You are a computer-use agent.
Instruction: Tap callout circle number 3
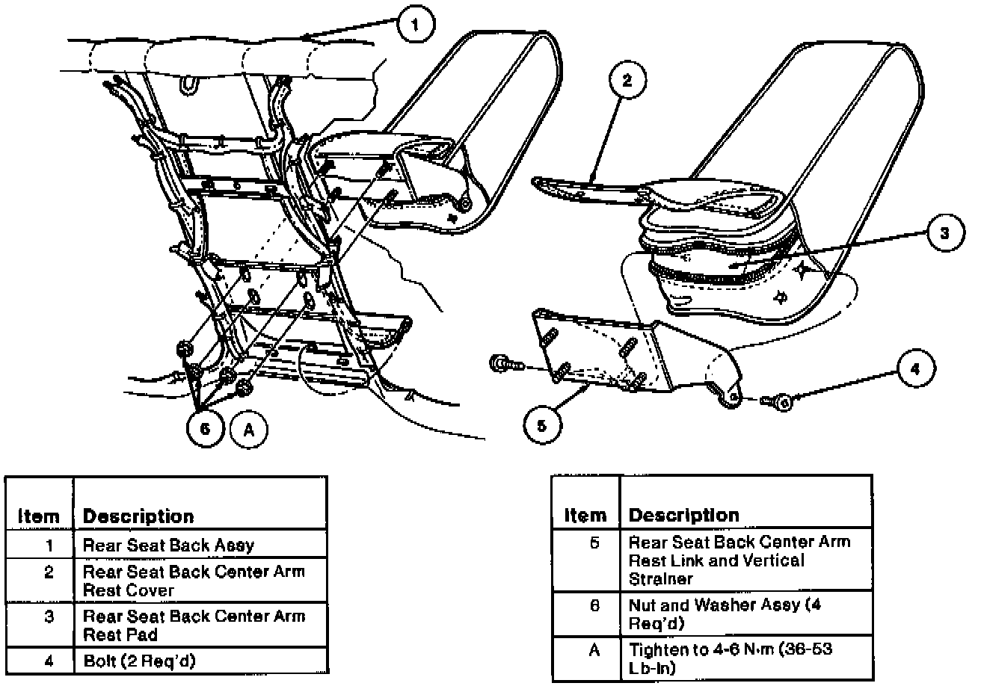pos(944,233)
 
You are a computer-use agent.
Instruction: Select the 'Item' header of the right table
pos(585,515)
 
